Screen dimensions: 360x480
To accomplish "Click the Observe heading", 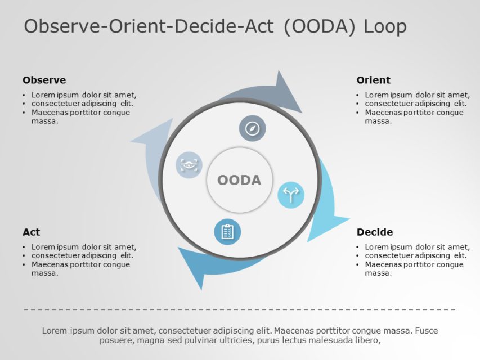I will [x=44, y=80].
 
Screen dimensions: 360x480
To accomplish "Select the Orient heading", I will [x=373, y=80].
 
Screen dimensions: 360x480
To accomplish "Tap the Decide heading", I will [x=375, y=232].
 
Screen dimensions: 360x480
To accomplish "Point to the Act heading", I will [x=31, y=232].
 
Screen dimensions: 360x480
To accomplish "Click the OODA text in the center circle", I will [x=239, y=180].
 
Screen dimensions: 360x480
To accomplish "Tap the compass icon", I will [x=253, y=128].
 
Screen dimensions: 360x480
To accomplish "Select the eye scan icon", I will [x=189, y=165].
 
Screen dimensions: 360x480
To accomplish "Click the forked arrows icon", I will [x=291, y=195].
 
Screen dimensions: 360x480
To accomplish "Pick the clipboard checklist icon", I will [x=227, y=232].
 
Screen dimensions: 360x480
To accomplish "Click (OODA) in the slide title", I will [x=320, y=26].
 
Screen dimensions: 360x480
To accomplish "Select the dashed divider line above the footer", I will [x=240, y=309].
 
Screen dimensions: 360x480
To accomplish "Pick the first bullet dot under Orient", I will [x=358, y=95].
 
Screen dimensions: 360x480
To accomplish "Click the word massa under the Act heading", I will [x=44, y=273].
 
